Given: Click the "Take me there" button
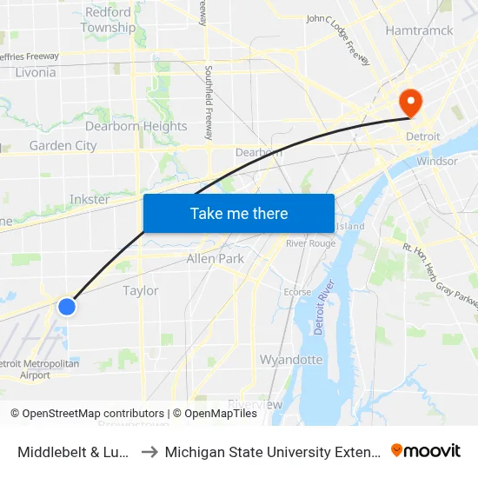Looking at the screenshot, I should click(238, 213).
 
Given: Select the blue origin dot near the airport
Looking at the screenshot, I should click(66, 306).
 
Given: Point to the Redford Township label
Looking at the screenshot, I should click(108, 20).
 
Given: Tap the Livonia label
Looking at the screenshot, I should click(36, 72).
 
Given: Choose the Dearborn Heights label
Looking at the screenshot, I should click(136, 126).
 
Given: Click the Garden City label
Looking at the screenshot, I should click(63, 145).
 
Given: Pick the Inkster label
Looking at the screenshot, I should click(90, 199).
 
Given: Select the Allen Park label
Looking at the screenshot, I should click(215, 258).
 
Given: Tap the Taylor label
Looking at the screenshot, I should click(140, 290).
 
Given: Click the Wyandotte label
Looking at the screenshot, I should click(291, 359).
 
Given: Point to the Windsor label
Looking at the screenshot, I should click(436, 161).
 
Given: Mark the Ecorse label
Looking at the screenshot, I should click(297, 292).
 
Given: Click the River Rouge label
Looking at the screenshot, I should click(310, 242).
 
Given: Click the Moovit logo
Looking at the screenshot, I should click(426, 450).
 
